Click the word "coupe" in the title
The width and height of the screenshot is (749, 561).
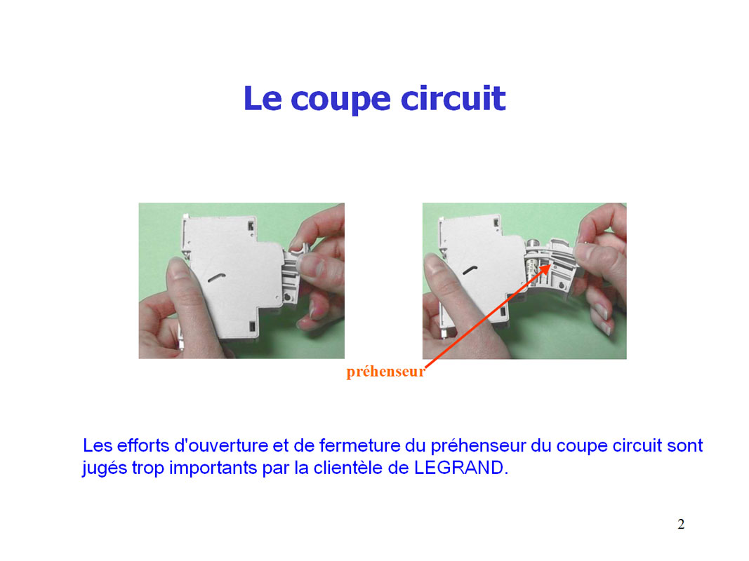[340, 100]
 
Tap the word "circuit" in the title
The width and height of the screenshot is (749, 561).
[453, 98]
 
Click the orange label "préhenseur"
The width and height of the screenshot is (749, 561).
[385, 372]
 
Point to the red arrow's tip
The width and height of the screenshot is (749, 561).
[551, 263]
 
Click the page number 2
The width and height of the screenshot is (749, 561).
[681, 524]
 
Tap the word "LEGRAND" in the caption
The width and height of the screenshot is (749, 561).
[458, 468]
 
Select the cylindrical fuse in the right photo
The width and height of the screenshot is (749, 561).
[532, 264]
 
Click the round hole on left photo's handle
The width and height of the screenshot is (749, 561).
[288, 297]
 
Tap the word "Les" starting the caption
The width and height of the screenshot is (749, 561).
[98, 445]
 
